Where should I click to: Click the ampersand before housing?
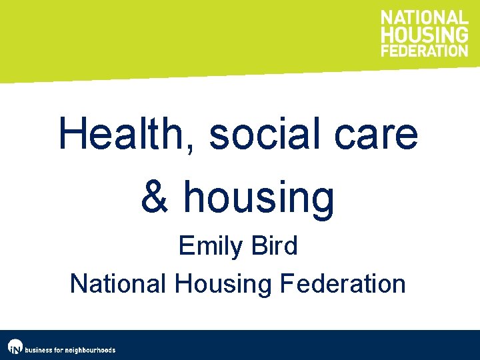155,197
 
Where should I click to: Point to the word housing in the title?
259,198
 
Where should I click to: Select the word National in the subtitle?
119,283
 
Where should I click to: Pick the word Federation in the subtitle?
343,283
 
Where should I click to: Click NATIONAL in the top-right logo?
425,19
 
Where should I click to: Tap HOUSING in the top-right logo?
425,35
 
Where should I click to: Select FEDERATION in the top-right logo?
425,50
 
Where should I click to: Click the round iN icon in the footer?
15,347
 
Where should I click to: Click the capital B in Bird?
258,246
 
